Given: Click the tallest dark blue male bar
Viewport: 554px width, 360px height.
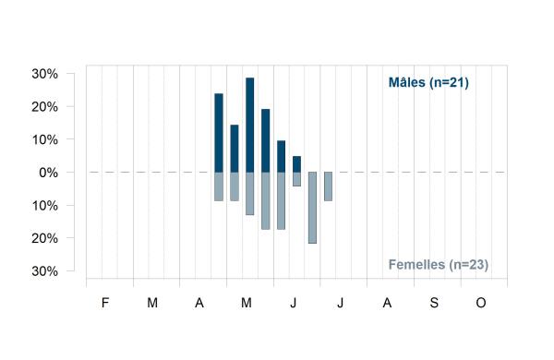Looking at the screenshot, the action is click(250, 125).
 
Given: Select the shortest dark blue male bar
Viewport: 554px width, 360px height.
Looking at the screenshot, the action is click(296, 164).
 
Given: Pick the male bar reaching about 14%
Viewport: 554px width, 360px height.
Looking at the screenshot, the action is click(235, 149).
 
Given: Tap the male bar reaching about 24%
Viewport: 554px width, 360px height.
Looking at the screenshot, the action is click(219, 133).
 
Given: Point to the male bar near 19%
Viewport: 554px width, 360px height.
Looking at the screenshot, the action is click(265, 140).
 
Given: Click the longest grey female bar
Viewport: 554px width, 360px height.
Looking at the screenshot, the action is click(312, 208).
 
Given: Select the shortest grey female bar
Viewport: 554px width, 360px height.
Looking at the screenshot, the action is click(296, 179).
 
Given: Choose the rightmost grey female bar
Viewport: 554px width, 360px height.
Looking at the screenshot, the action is click(328, 186).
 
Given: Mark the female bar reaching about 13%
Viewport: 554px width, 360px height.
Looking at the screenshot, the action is click(250, 194).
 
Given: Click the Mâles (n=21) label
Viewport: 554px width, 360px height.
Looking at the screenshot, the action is click(428, 82).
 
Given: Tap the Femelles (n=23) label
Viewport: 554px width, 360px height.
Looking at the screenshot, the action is click(439, 265).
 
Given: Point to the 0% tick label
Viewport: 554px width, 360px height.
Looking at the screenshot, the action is click(48, 173).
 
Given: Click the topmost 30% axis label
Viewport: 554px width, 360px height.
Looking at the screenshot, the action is click(45, 74).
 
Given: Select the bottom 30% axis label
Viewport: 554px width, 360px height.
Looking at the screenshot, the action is click(45, 271).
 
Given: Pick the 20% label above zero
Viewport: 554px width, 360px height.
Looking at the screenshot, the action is click(45, 107).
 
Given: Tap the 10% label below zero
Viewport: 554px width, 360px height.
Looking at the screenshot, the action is click(45, 206).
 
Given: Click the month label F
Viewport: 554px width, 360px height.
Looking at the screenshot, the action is click(105, 303).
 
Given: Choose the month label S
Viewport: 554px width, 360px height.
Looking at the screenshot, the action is click(434, 303).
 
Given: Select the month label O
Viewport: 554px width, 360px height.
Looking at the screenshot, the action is click(481, 303).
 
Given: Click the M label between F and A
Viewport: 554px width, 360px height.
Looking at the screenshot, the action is click(152, 303).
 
